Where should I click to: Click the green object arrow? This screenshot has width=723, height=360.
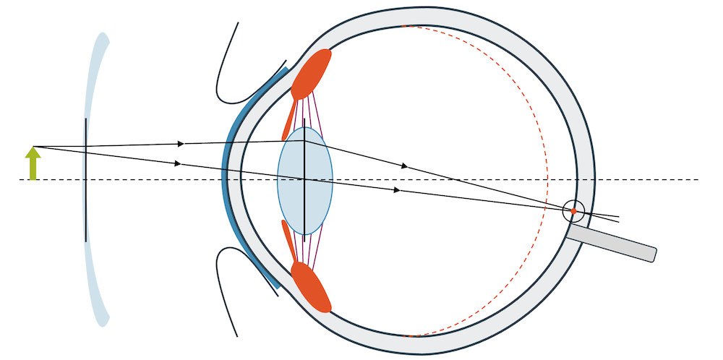(33, 164)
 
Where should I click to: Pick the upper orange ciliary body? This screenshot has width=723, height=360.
(312, 73)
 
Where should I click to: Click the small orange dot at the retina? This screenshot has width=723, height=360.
(573, 211)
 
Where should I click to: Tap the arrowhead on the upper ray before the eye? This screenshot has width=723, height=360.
(181, 143)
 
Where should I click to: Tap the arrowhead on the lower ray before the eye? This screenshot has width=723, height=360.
(178, 163)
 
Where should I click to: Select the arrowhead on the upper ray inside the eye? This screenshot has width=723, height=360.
(405, 166)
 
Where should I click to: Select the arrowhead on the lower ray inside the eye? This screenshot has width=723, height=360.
(397, 190)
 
